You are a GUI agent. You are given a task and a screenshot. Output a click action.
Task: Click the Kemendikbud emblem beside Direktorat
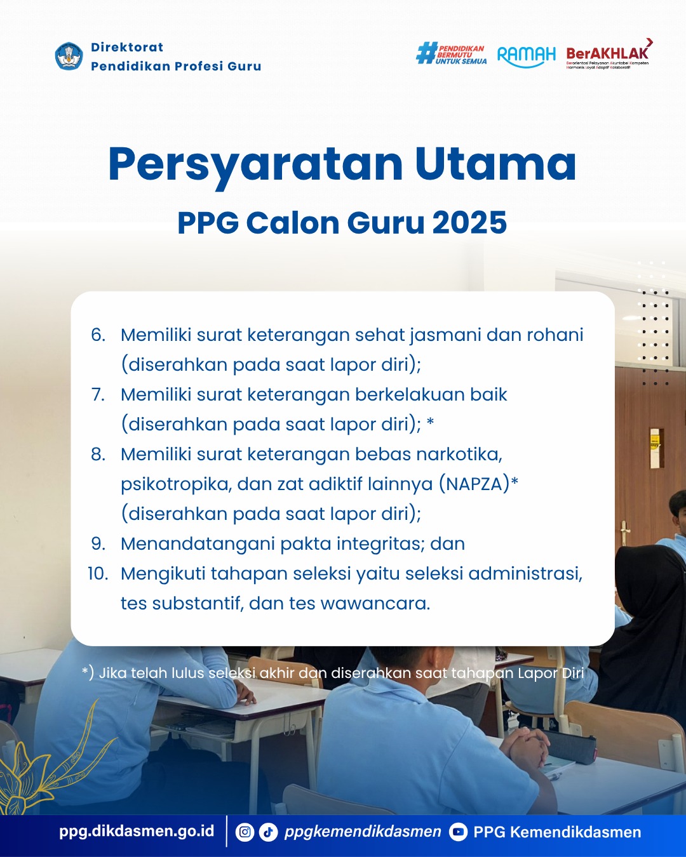69,56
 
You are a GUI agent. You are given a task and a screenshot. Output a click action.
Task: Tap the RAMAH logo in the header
526,56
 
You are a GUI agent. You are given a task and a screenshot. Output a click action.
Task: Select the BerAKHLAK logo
609,54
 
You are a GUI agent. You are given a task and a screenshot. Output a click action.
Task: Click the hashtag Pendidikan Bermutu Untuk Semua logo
451,53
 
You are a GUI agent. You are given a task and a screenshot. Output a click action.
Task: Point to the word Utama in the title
495,164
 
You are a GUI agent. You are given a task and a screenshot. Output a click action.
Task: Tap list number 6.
98,335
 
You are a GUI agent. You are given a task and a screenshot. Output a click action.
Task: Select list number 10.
98,574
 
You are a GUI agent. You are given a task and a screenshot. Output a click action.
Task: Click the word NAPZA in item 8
474,484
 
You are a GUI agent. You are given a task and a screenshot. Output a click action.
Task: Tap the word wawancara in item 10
375,604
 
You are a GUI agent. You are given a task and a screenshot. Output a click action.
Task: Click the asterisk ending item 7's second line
430,422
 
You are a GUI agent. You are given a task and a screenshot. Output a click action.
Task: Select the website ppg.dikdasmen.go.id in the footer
137,831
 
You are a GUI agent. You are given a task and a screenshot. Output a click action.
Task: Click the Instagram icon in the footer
245,832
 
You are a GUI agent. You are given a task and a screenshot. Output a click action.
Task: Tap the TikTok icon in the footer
268,832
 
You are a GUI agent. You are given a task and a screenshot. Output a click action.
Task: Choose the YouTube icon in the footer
459,832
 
